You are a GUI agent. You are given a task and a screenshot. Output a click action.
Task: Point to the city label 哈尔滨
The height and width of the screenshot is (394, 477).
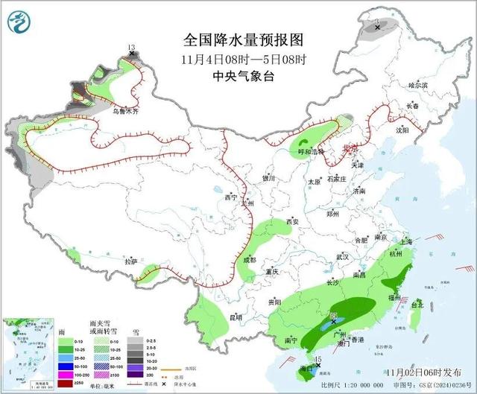click(420, 86)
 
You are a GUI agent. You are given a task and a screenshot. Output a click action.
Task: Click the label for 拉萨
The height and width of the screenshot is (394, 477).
click(131, 261)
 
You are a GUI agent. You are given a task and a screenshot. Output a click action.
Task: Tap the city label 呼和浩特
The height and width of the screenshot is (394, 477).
click(303, 151)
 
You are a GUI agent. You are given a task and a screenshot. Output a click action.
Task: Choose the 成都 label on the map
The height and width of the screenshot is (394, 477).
click(249, 260)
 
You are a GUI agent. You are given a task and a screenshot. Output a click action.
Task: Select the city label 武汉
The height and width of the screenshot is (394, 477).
click(343, 256)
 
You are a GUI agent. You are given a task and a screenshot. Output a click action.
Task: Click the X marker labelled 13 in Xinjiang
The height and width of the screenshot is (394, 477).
click(131, 54)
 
